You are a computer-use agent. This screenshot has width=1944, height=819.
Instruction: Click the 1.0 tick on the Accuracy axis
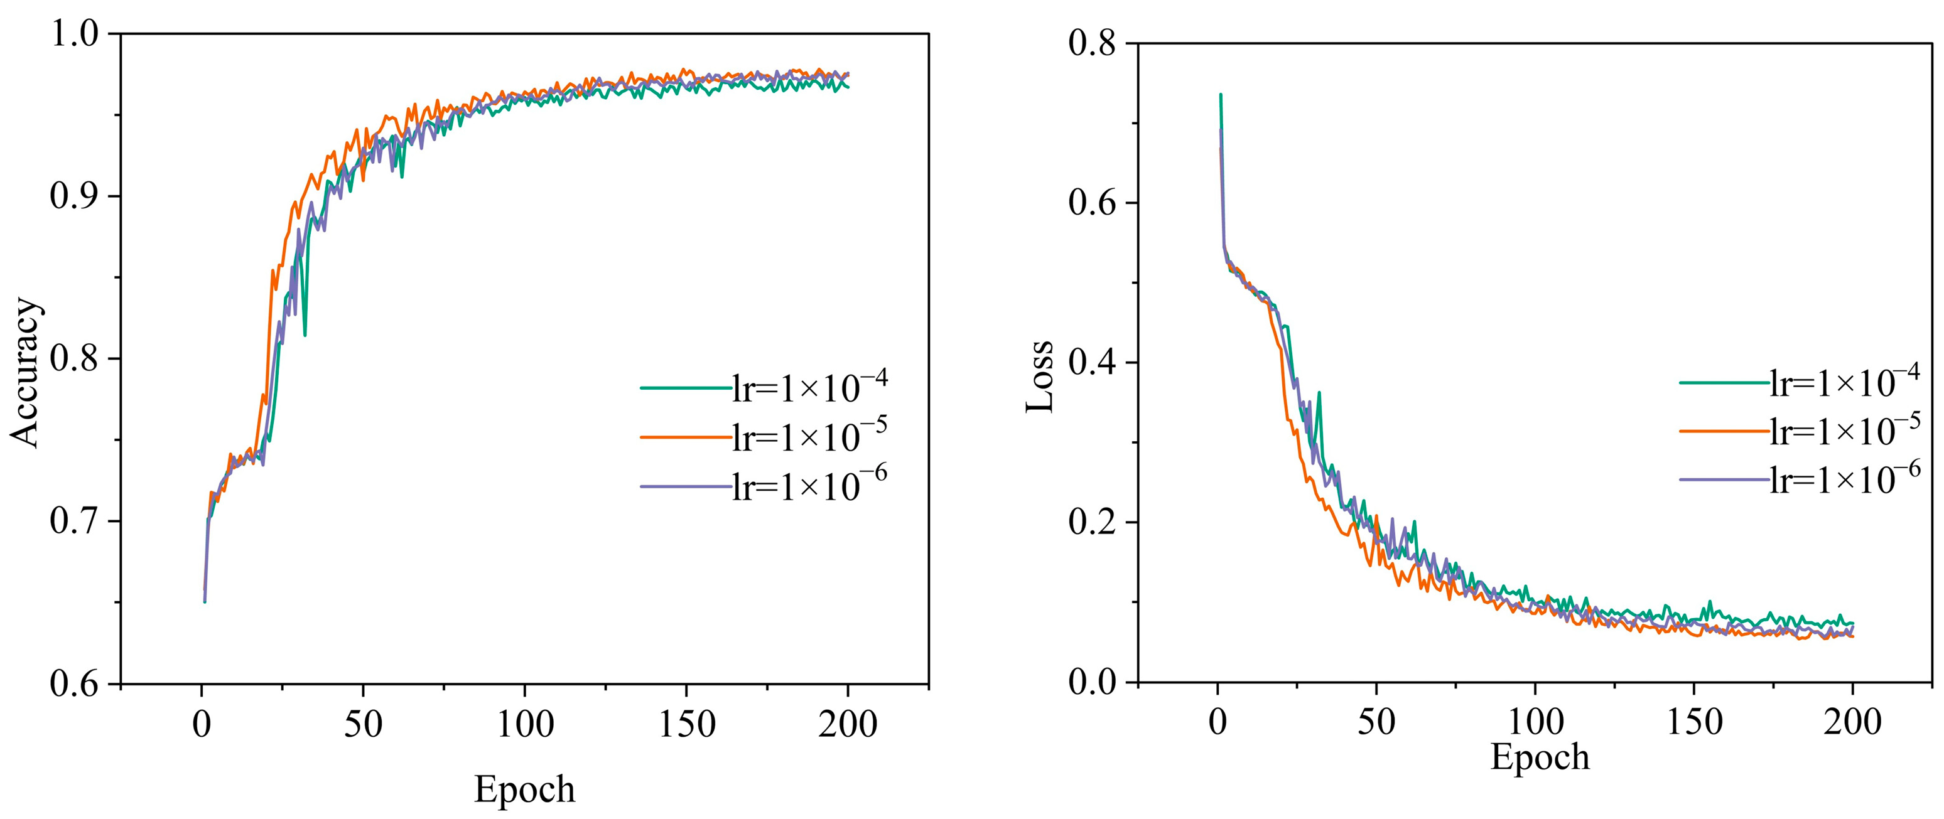point(75,34)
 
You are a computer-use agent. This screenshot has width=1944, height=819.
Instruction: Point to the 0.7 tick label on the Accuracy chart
point(75,521)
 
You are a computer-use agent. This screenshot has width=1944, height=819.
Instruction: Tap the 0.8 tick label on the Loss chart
point(1092,43)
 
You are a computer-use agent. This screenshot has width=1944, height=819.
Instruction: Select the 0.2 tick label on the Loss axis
point(1092,522)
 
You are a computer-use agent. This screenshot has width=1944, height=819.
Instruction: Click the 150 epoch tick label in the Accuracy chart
point(687,725)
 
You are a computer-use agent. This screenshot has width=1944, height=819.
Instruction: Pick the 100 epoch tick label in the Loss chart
point(1535,722)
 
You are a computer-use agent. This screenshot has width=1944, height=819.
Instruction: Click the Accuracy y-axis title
point(25,373)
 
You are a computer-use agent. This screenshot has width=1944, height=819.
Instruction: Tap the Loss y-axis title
point(1040,375)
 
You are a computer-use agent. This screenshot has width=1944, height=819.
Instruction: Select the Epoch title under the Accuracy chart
point(524,790)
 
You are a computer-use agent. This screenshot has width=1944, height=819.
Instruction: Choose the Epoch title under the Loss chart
point(1540,756)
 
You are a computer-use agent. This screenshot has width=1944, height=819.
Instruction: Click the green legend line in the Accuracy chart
point(684,388)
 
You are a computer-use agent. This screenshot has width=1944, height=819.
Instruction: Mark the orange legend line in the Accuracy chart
point(684,437)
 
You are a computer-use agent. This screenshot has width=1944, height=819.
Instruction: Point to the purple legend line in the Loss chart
point(1724,479)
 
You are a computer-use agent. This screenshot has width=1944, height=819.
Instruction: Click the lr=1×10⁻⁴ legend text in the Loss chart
point(1844,383)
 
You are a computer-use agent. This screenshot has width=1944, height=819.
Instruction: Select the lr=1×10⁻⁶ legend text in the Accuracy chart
point(809,486)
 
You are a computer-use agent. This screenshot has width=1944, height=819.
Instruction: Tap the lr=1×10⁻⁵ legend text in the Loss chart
point(1844,431)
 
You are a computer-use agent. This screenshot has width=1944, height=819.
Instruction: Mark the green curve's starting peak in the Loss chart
point(1220,95)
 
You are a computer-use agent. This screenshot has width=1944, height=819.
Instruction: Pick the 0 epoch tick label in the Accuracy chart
point(202,725)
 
